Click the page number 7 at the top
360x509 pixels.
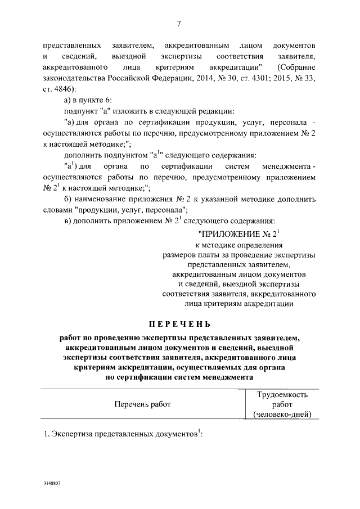pos(179,23)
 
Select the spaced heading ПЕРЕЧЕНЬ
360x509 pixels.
pos(179,325)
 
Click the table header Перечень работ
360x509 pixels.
pos(142,404)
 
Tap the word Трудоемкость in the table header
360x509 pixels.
pos(282,394)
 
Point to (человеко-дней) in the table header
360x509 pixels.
pos(282,415)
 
